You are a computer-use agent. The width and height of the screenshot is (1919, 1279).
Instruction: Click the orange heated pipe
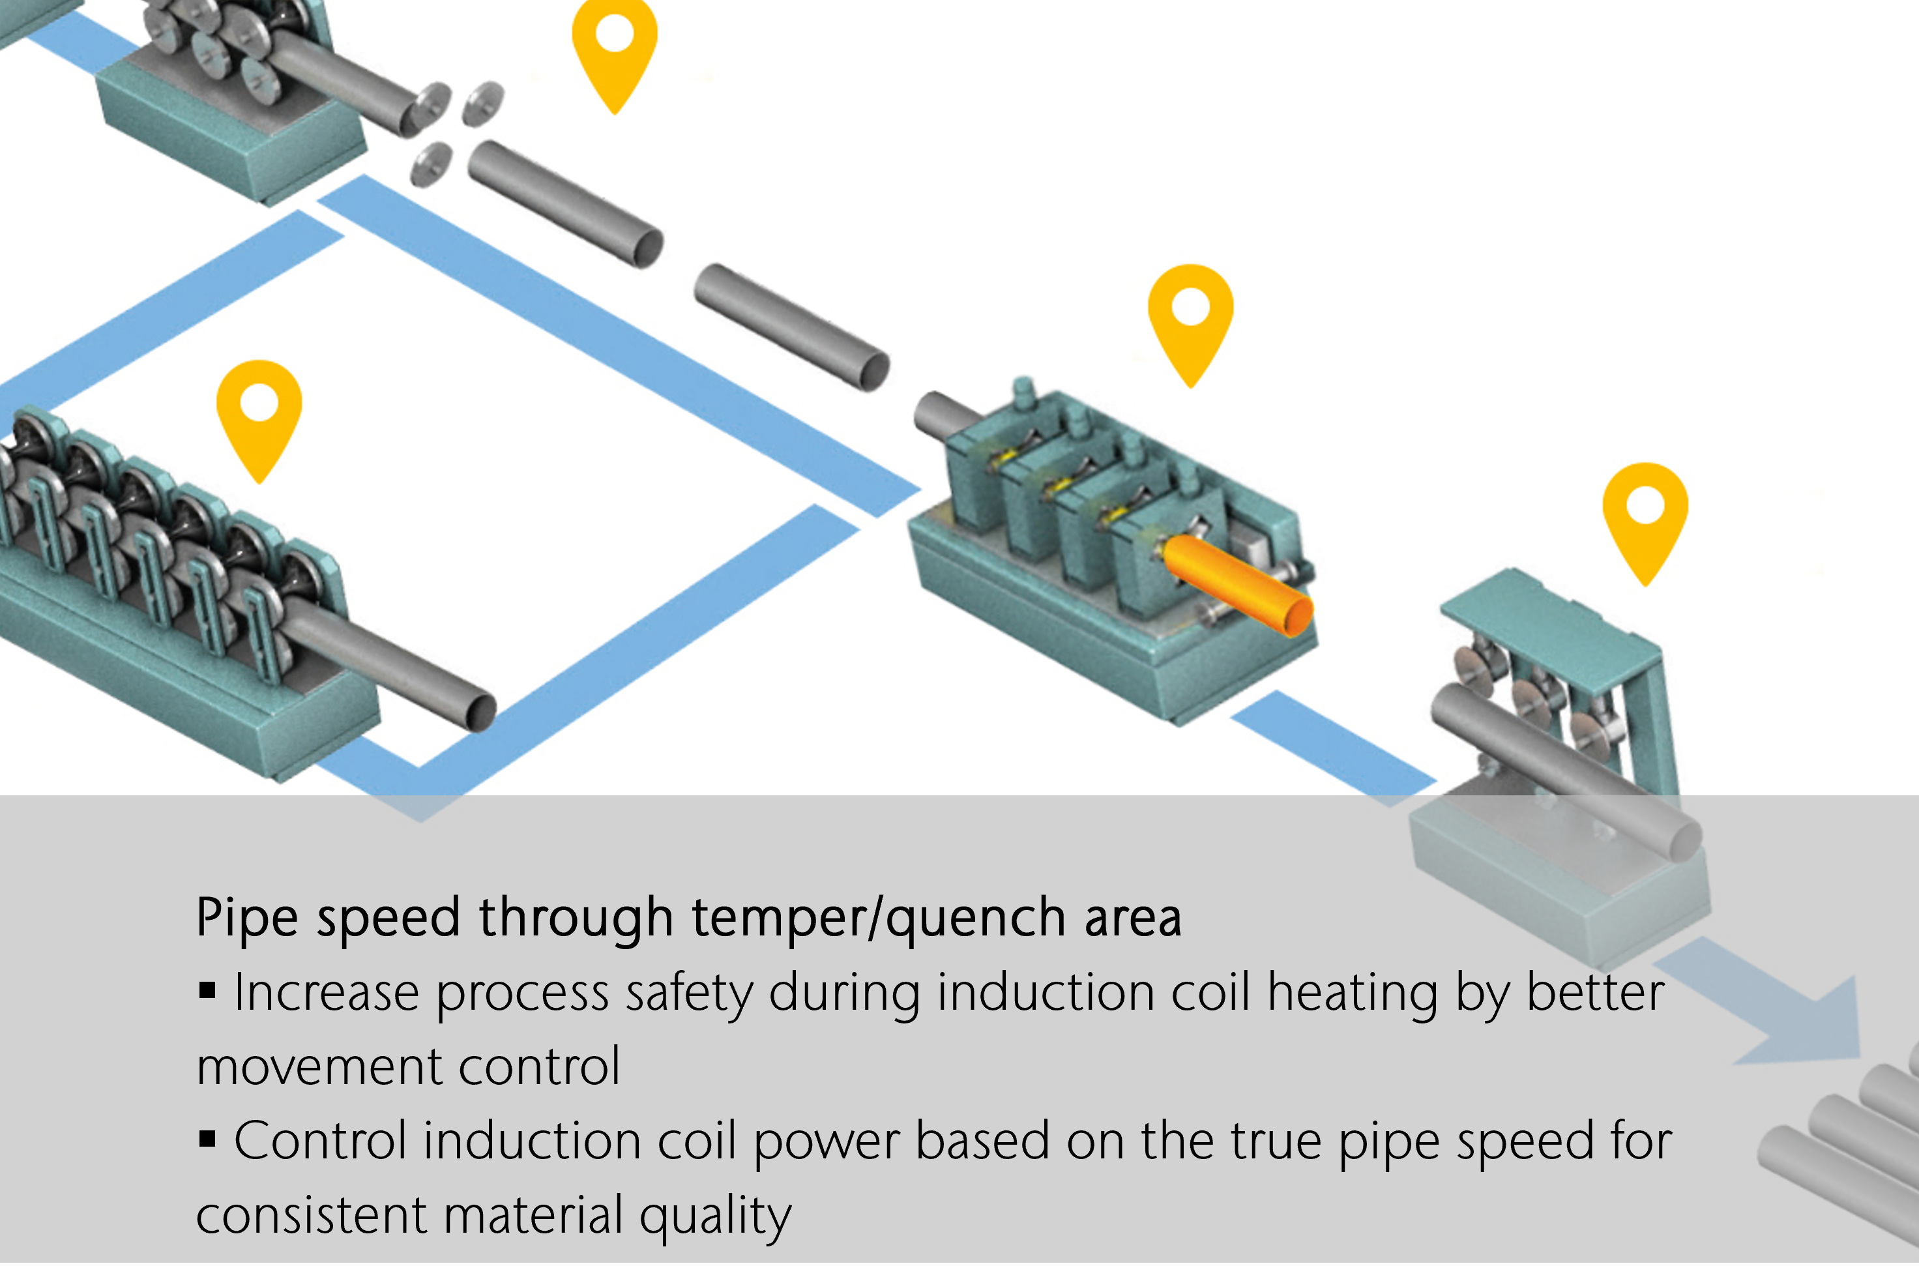pos(1236,584)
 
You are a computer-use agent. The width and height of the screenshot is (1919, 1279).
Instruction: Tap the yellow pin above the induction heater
pos(1190,318)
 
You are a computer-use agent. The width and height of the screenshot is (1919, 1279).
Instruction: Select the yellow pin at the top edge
pos(614,45)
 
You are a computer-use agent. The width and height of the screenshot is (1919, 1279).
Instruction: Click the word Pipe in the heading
pos(246,919)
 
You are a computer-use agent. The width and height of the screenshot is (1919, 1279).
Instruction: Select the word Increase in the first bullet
pos(326,993)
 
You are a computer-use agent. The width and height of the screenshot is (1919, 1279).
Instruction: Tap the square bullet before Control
pos(207,1139)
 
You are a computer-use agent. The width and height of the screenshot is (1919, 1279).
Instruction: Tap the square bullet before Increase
pos(207,990)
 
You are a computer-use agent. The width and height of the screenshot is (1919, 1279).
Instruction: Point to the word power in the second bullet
pos(825,1142)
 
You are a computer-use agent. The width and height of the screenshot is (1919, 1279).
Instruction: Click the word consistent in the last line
pos(311,1215)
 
